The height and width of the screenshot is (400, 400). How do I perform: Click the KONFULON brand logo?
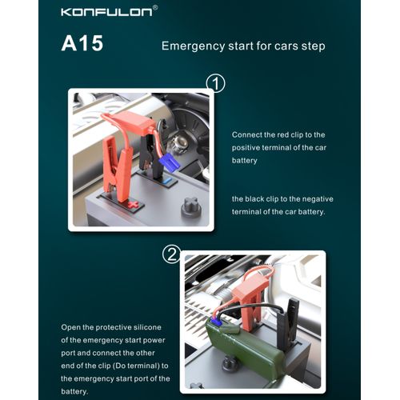point(106,12)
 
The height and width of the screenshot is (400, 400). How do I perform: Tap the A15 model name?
point(82,43)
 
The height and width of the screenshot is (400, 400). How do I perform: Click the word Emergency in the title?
point(194,46)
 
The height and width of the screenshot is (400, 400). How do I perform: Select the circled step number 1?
point(216,83)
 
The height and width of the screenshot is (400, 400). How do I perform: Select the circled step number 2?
point(172,254)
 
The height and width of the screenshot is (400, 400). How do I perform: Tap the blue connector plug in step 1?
point(169,162)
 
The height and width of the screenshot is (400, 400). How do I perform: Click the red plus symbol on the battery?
point(134,205)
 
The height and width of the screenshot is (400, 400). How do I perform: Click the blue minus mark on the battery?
point(167,182)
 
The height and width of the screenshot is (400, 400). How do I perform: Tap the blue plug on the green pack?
point(217,322)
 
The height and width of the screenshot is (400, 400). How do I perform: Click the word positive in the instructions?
point(246,148)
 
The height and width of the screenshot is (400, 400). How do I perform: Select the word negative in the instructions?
point(318,199)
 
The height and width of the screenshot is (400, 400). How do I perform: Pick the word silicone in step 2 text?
point(147,327)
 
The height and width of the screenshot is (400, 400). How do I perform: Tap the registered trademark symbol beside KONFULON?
point(155,8)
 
